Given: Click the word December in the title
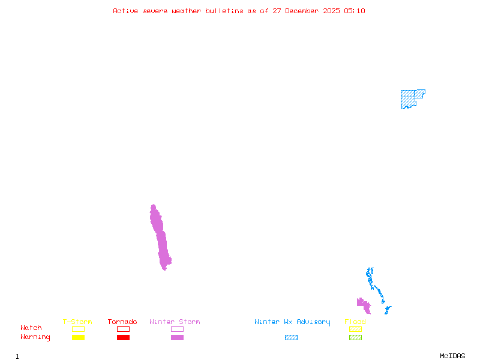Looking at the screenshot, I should [x=305, y=11].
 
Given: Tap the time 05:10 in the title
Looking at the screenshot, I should [x=354, y=11].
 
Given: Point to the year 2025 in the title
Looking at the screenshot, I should [x=331, y=11].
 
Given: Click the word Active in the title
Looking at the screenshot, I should [x=126, y=11].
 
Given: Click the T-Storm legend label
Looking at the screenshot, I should [x=77, y=322].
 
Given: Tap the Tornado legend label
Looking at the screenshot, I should [x=122, y=322].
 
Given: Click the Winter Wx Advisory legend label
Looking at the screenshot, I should [x=292, y=322].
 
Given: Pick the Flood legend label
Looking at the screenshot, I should [x=355, y=322].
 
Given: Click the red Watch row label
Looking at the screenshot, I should [x=31, y=328].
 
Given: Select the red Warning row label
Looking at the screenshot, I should [x=35, y=337].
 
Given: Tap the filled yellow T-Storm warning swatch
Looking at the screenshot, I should [x=78, y=338].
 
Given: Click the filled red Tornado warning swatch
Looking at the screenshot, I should [x=123, y=338].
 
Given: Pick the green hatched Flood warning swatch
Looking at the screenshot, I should [x=355, y=338].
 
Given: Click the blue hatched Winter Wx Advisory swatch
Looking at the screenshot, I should [x=291, y=338].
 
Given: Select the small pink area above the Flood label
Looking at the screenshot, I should [x=364, y=305].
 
